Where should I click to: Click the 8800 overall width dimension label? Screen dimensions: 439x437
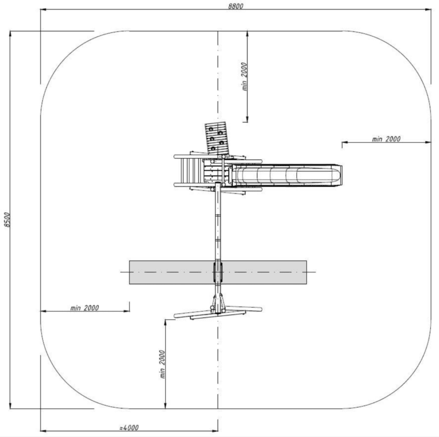[x=236, y=6]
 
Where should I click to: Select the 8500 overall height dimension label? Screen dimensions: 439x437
[x=7, y=220]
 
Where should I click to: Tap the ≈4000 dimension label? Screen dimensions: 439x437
[x=129, y=428]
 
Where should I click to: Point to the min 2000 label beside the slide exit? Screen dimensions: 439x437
[x=386, y=139]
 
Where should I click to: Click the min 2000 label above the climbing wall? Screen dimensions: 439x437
[x=244, y=76]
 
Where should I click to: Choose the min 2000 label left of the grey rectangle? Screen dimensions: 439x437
[x=85, y=308]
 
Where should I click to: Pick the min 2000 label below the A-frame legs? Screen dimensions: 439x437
[x=162, y=364]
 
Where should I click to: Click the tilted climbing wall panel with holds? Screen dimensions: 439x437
[x=216, y=138]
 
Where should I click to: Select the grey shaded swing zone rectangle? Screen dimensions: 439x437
[x=218, y=272]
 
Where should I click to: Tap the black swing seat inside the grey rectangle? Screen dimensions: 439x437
[x=218, y=272]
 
